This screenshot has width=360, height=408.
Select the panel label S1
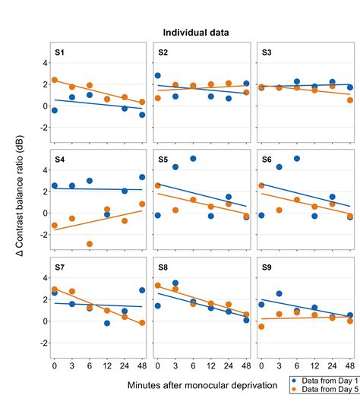pos(60,52)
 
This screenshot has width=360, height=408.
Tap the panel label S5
pos(163,160)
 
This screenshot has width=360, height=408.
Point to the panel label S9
pos(267,267)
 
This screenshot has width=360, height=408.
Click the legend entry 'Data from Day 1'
pos(324,378)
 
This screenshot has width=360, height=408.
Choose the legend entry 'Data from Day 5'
pos(324,388)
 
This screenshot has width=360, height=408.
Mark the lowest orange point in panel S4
pos(90,244)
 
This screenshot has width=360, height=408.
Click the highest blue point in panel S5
pos(193,159)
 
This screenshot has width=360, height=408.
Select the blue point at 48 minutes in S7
pos(142,290)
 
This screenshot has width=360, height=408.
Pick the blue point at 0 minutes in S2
pos(157,76)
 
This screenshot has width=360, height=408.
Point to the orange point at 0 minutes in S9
pos(261,327)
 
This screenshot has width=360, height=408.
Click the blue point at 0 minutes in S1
pos(54,111)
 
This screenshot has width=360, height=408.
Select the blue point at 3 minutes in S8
pos(175,283)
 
